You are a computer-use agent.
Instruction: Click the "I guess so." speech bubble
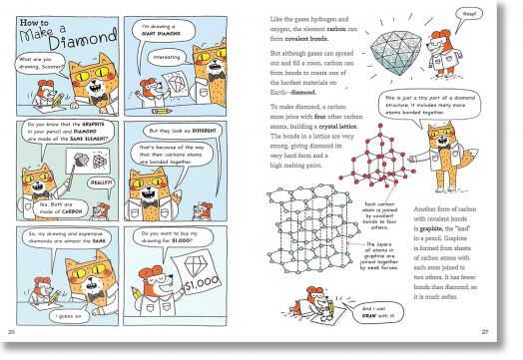[x=97, y=316]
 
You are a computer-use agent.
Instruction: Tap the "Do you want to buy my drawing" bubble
[x=171, y=239]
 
